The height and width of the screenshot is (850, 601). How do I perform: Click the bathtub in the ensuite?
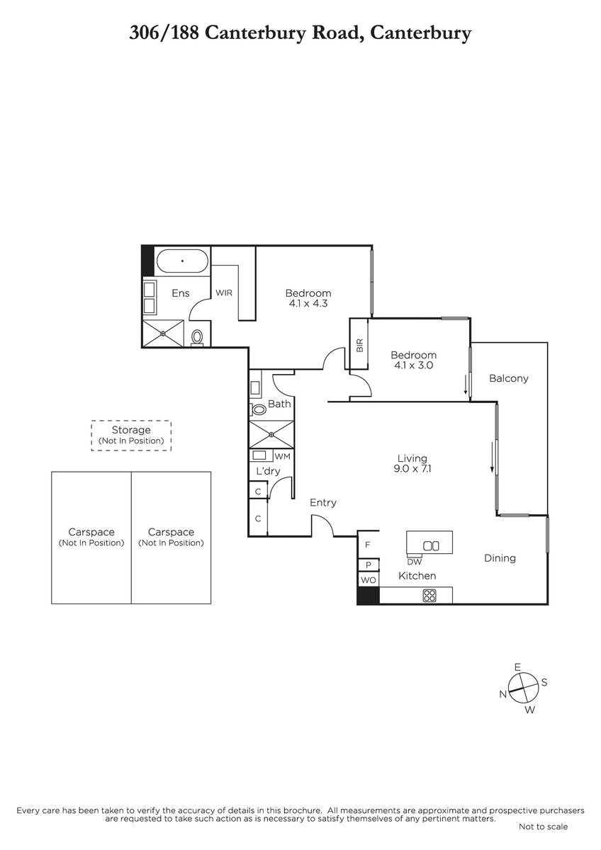(182, 261)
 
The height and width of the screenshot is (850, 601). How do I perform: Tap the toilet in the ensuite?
(197, 337)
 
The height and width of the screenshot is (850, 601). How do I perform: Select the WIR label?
(224, 293)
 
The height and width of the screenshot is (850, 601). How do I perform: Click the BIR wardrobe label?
(360, 345)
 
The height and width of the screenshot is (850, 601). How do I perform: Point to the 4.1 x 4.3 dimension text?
(308, 303)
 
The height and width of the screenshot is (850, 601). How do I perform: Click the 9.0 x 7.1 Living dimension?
(412, 469)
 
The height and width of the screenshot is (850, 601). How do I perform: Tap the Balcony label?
(509, 378)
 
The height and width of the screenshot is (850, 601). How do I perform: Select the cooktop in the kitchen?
(429, 596)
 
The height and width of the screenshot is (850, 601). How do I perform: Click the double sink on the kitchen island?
(431, 545)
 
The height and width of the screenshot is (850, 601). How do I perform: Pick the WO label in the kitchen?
(369, 580)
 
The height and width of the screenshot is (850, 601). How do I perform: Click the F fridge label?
(368, 545)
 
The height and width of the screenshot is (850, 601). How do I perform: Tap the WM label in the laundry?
(282, 456)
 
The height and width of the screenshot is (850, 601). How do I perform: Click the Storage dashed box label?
(131, 430)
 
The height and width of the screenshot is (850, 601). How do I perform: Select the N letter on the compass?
(503, 694)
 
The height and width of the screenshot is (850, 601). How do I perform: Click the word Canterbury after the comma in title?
(421, 33)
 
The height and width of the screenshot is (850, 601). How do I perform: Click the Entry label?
(323, 503)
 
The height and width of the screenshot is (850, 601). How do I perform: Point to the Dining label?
(500, 558)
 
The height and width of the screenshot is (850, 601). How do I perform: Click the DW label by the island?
(414, 562)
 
